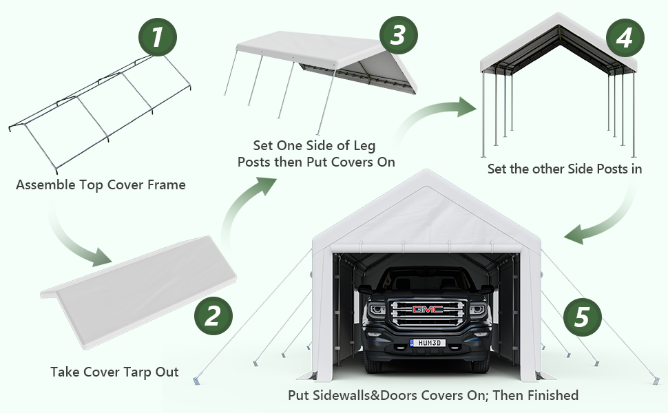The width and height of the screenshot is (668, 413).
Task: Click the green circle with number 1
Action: coord(158,36)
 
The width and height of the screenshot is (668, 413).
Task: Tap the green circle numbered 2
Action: coord(213,316)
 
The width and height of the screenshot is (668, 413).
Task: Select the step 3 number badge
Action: coord(397,36)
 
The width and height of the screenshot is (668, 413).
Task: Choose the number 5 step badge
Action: coord(582,317)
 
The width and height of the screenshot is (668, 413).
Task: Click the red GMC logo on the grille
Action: coord(428,309)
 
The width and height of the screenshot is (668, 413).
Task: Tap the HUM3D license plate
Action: coord(428,342)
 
